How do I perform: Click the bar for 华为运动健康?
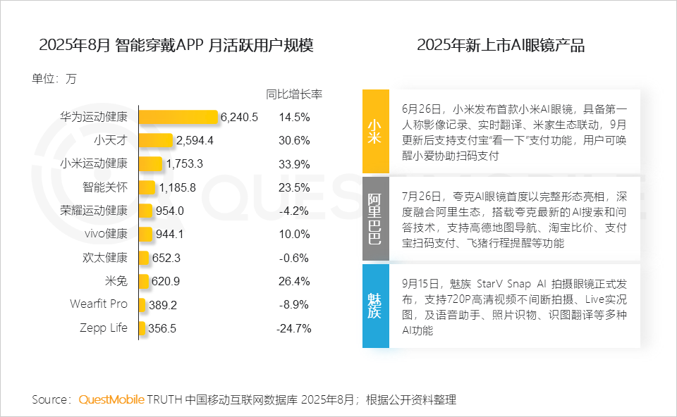click(178, 117)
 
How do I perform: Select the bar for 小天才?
click(156, 140)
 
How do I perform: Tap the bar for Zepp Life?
click(142, 328)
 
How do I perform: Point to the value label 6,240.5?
click(239, 117)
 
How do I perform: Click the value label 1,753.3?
click(185, 164)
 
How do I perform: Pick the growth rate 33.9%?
click(294, 164)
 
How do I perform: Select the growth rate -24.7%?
click(294, 328)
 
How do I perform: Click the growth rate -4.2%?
click(294, 211)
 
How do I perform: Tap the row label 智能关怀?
click(105, 187)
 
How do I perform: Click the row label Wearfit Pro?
click(99, 304)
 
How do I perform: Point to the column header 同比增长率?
click(293, 94)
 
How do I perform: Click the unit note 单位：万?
click(54, 78)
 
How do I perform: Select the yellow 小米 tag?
click(375, 131)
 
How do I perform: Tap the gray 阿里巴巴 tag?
click(375, 219)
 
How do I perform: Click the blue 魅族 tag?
click(375, 306)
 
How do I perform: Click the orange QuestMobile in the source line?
click(111, 399)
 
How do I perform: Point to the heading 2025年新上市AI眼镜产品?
click(501, 46)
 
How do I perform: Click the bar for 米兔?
click(145, 281)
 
